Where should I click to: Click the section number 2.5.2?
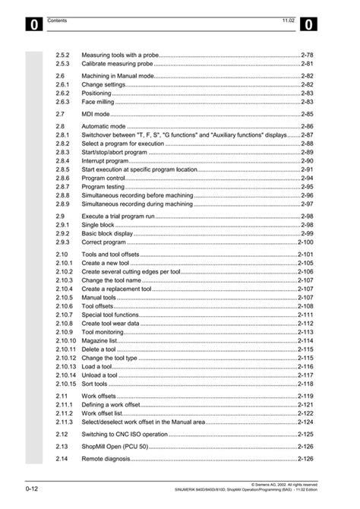click(x=62, y=56)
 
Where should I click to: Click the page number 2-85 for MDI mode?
click(x=306, y=112)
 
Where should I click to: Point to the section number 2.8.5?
click(x=62, y=169)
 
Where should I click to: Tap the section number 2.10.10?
click(x=65, y=341)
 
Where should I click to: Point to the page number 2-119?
click(x=305, y=396)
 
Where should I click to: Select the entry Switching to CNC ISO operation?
click(x=125, y=434)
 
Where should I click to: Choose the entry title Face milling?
click(x=98, y=100)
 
